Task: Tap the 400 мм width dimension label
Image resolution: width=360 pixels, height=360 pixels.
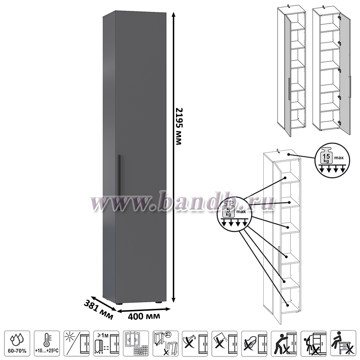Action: click(x=144, y=316)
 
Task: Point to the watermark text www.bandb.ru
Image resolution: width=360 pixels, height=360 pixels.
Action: click(x=180, y=203)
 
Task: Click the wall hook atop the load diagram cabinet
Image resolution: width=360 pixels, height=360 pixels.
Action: click(x=278, y=150)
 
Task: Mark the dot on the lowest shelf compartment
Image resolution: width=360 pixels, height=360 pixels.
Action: click(x=287, y=305)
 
